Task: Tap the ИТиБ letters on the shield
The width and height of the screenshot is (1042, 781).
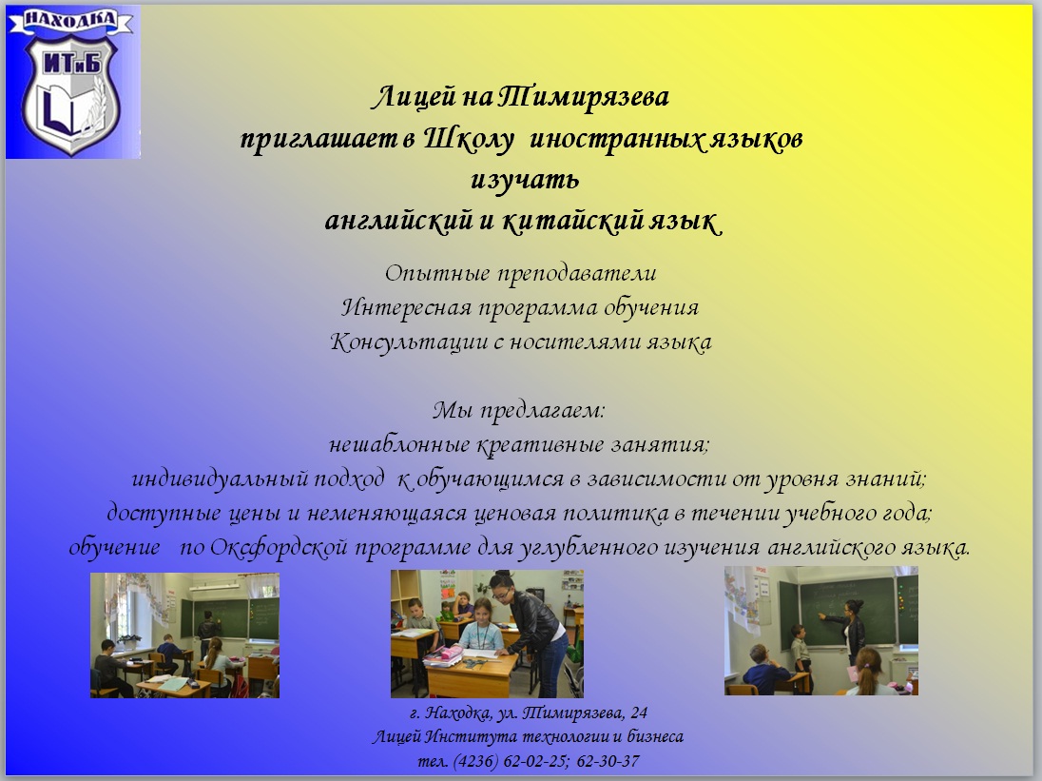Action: coord(71,63)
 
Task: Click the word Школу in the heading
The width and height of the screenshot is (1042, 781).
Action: coord(469,139)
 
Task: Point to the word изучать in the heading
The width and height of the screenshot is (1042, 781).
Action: coord(525,180)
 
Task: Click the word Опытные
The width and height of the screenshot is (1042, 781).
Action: coord(437,273)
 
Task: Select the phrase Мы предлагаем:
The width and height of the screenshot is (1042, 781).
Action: coord(518,410)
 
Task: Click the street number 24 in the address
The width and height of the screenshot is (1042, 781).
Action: coord(639,713)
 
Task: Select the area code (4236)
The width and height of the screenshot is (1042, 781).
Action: coord(475,761)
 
